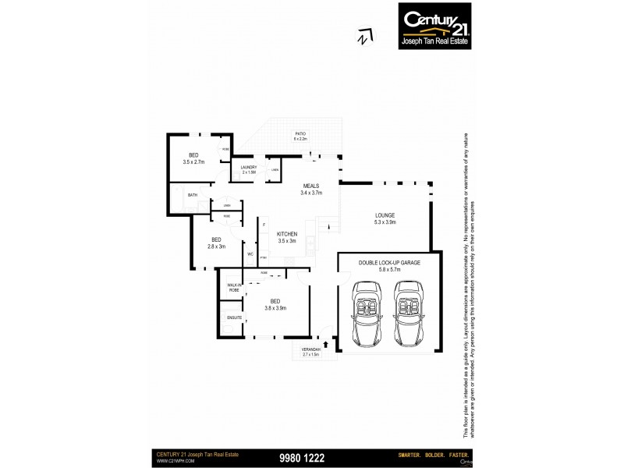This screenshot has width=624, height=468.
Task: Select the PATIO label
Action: (x=300, y=136)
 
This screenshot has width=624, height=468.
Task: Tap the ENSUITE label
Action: (x=233, y=318)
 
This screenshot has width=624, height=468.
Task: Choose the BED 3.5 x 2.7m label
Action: (x=193, y=158)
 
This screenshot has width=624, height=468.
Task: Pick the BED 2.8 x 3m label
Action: (x=216, y=243)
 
